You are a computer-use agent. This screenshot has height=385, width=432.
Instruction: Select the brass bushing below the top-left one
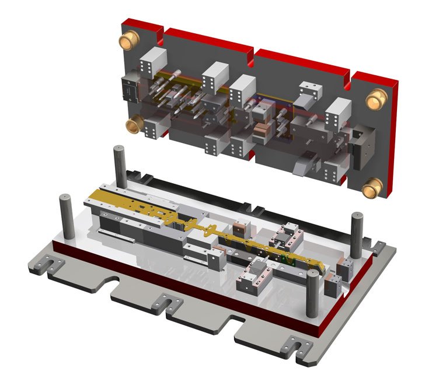(x=135, y=124)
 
